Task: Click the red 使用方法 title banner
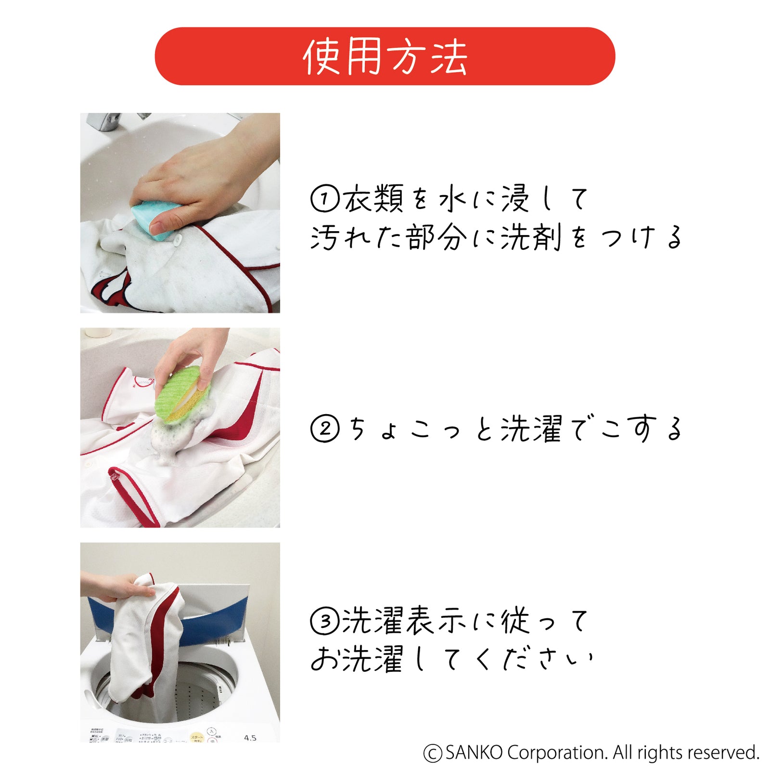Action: pyautogui.click(x=385, y=56)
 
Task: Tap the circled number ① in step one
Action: pyautogui.click(x=325, y=199)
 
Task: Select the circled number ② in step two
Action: pyautogui.click(x=325, y=429)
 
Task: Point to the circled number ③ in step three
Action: pyautogui.click(x=325, y=621)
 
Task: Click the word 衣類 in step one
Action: pyautogui.click(x=373, y=198)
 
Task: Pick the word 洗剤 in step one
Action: pyautogui.click(x=530, y=237)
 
